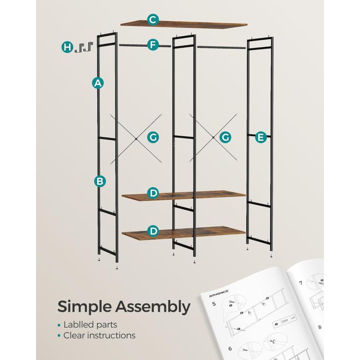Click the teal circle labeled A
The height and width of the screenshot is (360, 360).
coord(98,83)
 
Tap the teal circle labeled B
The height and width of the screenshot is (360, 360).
coord(100,181)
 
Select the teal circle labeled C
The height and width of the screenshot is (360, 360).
coord(153,20)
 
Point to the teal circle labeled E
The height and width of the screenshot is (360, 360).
coord(261,137)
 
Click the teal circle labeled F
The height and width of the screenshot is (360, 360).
coord(153,45)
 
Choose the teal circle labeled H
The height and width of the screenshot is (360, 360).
coord(67,47)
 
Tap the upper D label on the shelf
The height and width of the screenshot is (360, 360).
coord(153,193)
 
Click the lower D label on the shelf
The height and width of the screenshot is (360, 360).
coord(153,231)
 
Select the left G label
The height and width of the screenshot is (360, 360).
coord(153,137)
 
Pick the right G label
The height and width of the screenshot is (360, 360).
coord(225,137)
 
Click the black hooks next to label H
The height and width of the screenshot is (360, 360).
coord(84,47)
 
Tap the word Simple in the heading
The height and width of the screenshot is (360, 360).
coord(84,307)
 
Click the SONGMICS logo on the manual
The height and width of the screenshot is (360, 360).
coord(219,294)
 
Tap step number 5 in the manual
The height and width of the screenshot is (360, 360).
coord(214,304)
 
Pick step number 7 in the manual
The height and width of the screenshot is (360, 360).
coord(301,283)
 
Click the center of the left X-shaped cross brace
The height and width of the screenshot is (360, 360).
coord(136,139)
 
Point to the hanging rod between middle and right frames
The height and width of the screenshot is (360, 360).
coord(221,48)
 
